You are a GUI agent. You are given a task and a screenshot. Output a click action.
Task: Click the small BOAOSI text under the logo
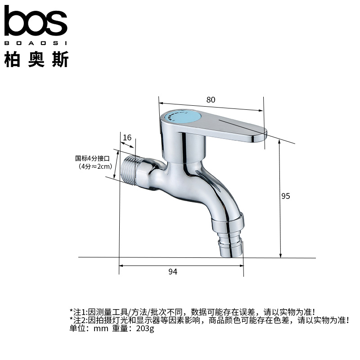coord(36,44)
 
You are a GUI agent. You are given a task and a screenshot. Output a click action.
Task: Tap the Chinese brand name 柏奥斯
coord(36,59)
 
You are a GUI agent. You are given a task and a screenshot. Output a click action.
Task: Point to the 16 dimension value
coord(127,137)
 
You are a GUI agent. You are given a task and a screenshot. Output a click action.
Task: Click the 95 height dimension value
coord(286,196)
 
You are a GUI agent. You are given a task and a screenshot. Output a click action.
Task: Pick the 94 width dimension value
coord(173,271)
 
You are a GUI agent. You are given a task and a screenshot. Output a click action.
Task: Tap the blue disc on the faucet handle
coord(184,118)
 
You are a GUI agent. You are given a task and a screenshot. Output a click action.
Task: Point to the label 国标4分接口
coord(92,158)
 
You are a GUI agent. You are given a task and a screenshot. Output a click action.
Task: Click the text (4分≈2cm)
coord(95,166)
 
